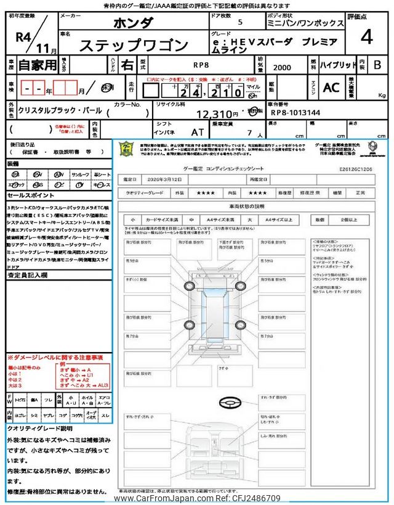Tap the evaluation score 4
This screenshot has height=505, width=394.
[366, 38]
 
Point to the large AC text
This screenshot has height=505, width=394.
[331, 88]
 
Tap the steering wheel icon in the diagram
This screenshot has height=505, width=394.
[225, 401]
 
